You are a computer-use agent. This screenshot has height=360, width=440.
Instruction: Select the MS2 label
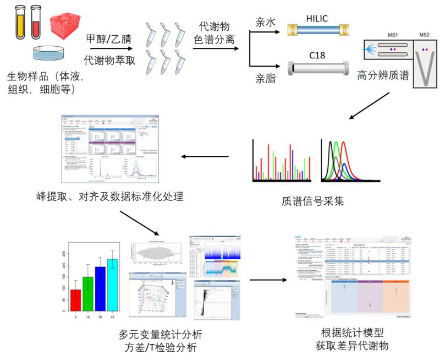(424, 35)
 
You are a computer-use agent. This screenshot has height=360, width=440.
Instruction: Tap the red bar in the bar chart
(75, 301)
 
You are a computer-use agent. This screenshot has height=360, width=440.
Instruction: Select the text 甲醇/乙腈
(108, 39)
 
